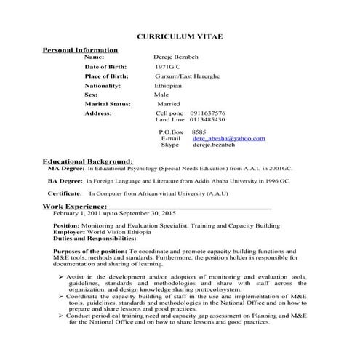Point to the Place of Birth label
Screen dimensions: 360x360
107,76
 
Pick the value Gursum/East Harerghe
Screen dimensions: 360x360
186,76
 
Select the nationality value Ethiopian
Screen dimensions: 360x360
168,85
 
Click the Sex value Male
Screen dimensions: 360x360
161,95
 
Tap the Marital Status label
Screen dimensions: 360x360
108,104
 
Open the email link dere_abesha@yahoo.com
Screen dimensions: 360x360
228,138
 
